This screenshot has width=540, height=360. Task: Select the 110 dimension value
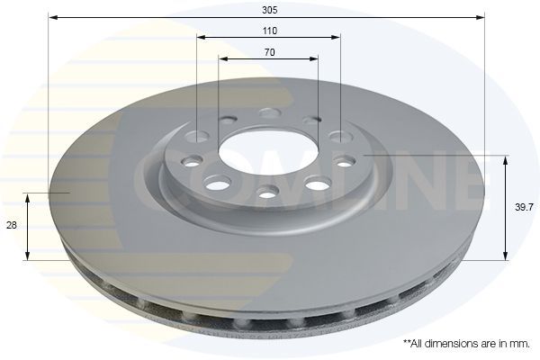[x=269, y=31]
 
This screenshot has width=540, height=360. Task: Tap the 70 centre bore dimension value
[x=269, y=52]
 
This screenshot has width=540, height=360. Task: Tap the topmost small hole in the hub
[x=267, y=113]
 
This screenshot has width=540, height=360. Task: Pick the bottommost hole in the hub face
[x=266, y=192]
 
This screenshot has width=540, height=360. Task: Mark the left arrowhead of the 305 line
[x=52, y=17]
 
